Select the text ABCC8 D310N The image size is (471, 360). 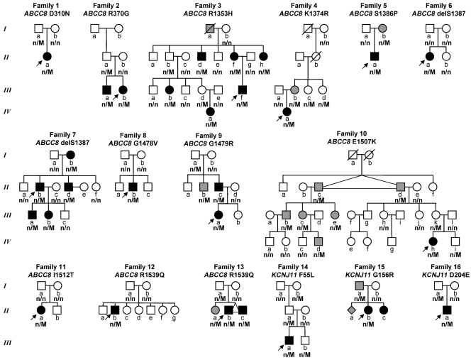click(43, 13)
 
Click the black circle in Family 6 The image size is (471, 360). click(430, 55)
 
